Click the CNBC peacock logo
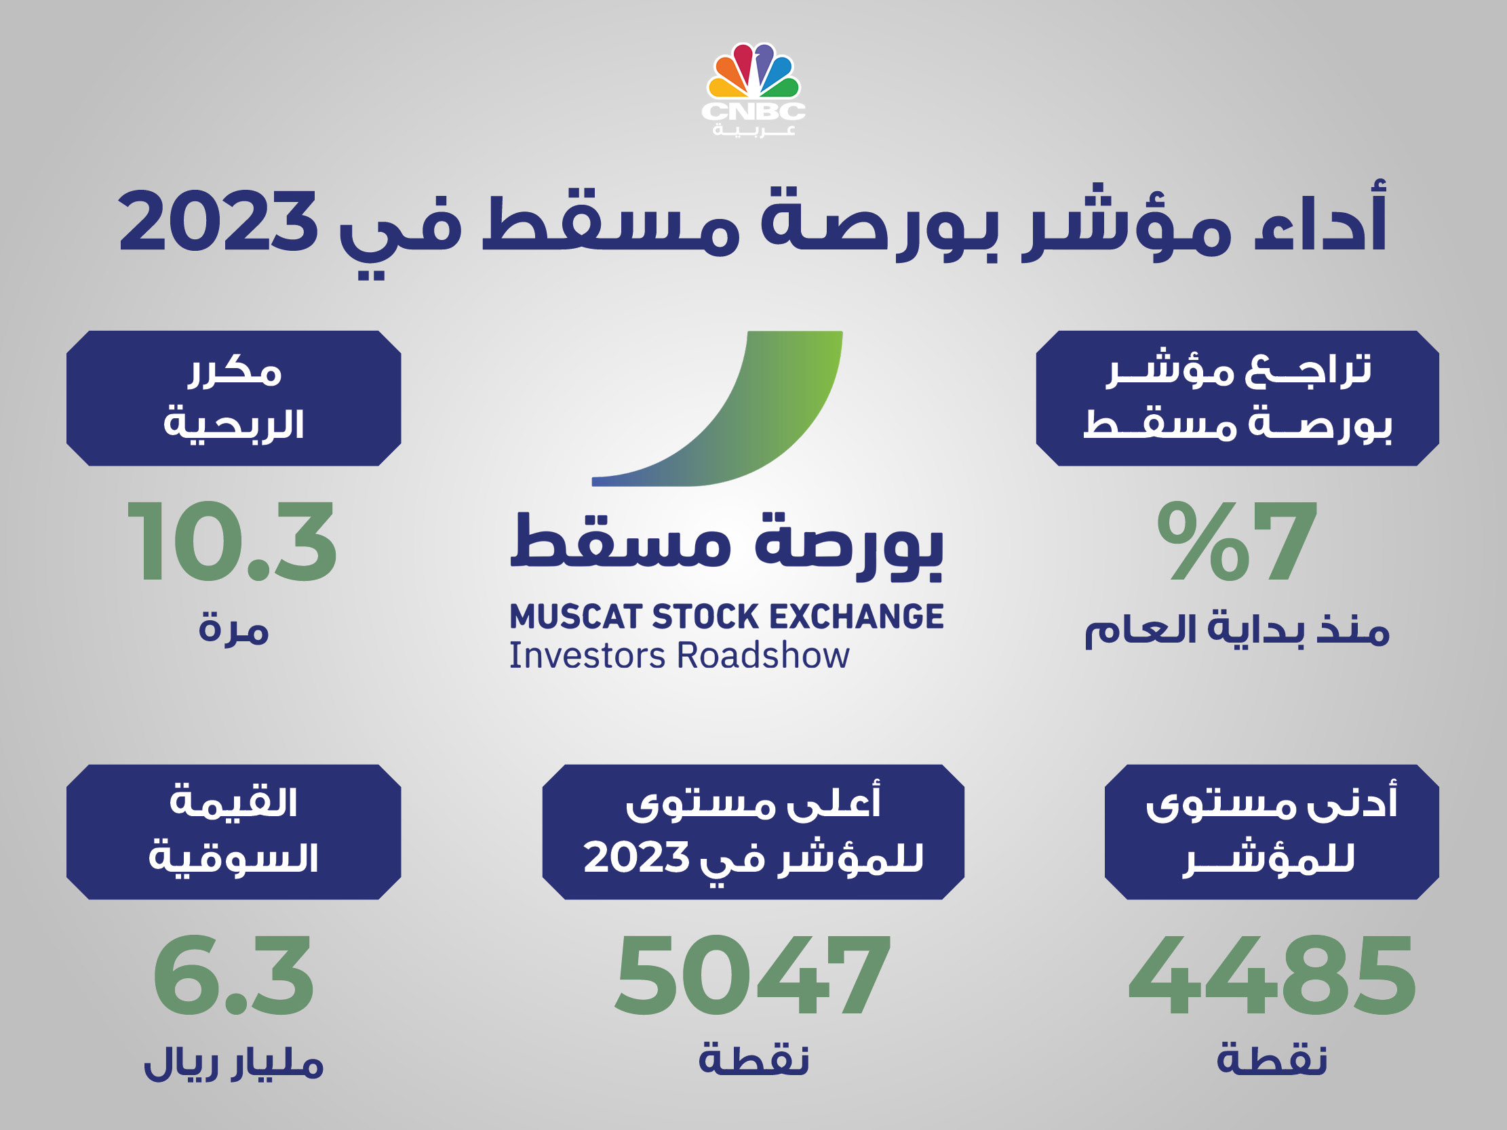[x=753, y=89]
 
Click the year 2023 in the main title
[x=218, y=222]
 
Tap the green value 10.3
[x=232, y=542]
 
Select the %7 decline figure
[x=1236, y=542]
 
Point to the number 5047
[x=753, y=975]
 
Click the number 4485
[x=1272, y=975]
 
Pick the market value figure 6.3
[x=233, y=975]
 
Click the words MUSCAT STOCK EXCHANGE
[x=727, y=616]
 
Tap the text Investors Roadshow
[x=680, y=656]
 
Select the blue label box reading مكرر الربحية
[x=234, y=399]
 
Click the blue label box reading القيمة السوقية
[x=234, y=832]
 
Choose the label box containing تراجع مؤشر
[x=1237, y=399]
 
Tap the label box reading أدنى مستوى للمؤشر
[x=1271, y=832]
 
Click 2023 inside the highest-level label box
[x=636, y=857]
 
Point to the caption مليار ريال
[x=234, y=1063]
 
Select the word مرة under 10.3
[x=234, y=628]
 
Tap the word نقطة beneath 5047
[x=753, y=1058]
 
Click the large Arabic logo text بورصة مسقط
[x=727, y=545]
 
